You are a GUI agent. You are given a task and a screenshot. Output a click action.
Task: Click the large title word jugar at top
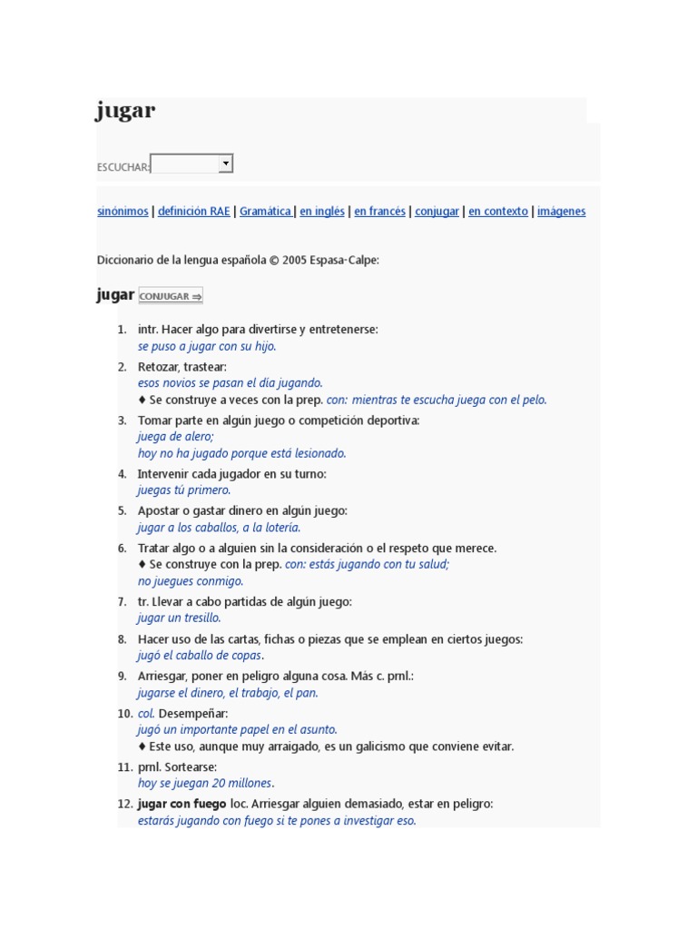click(125, 112)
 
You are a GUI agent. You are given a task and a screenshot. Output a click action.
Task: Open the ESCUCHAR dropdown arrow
click(226, 163)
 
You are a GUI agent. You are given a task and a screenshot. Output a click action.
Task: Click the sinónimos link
click(123, 212)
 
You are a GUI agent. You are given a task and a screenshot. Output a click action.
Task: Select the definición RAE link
click(193, 212)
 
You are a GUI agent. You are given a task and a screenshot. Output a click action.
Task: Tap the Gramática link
click(265, 212)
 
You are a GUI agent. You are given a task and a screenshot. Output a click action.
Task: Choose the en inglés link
click(322, 212)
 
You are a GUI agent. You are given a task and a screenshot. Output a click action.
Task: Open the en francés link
click(379, 212)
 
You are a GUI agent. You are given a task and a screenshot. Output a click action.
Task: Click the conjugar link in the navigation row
click(437, 212)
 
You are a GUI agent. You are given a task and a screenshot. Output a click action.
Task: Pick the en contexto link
click(497, 212)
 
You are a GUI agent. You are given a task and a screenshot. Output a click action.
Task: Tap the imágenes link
click(561, 212)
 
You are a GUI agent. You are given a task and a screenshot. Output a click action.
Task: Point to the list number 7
click(122, 602)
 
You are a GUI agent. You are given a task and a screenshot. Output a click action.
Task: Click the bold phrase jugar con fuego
click(182, 804)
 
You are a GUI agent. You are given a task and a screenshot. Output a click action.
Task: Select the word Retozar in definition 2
click(157, 367)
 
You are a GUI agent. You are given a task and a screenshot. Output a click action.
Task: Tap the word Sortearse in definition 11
click(191, 767)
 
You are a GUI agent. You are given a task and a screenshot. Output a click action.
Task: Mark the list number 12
click(125, 804)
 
